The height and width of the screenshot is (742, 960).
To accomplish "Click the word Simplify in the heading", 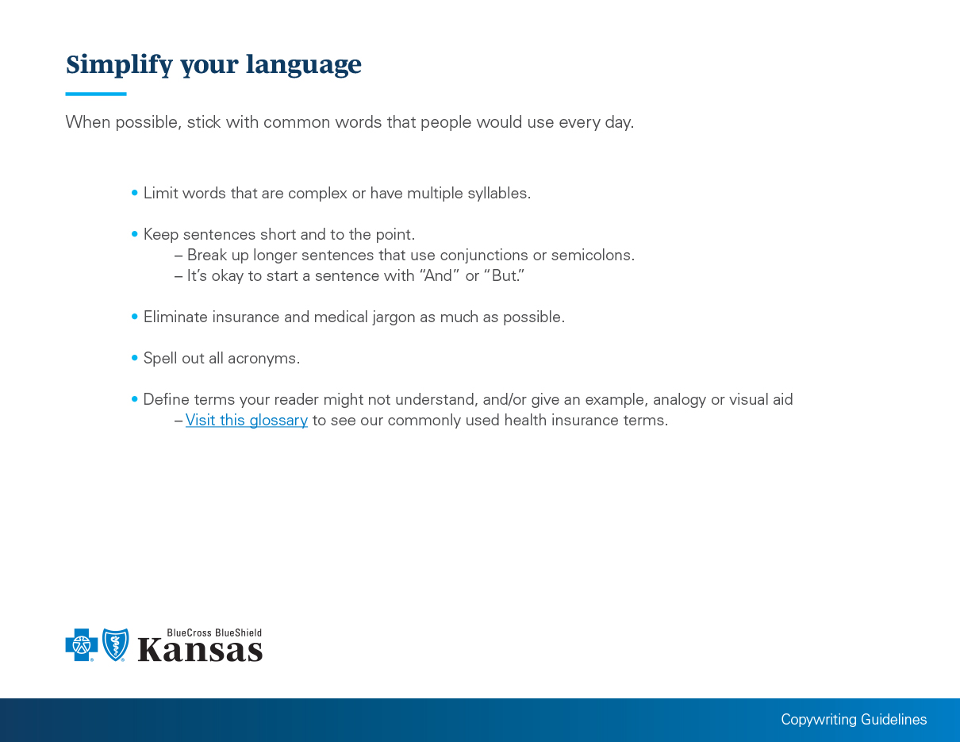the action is (119, 64).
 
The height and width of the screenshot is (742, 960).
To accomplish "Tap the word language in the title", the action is (304, 64).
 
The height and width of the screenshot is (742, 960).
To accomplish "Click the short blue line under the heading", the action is (96, 94).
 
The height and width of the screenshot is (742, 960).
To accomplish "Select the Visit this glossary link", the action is (247, 420).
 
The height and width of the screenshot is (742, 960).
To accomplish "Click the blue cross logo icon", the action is (82, 644).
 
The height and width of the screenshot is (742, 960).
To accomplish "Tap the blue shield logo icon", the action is (115, 644).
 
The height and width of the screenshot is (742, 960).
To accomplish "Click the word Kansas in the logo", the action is (200, 650).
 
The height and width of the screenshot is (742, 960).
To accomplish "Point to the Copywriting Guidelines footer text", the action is (854, 720).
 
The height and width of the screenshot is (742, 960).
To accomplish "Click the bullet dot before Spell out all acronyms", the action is (135, 358).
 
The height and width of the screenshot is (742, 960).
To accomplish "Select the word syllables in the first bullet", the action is (499, 193).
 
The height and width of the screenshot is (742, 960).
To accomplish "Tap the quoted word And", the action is (438, 275).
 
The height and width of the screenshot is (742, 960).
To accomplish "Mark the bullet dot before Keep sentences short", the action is (135, 234).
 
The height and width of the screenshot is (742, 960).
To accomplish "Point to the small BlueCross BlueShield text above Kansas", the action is (214, 632).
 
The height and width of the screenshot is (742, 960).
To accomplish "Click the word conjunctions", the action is (484, 256).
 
